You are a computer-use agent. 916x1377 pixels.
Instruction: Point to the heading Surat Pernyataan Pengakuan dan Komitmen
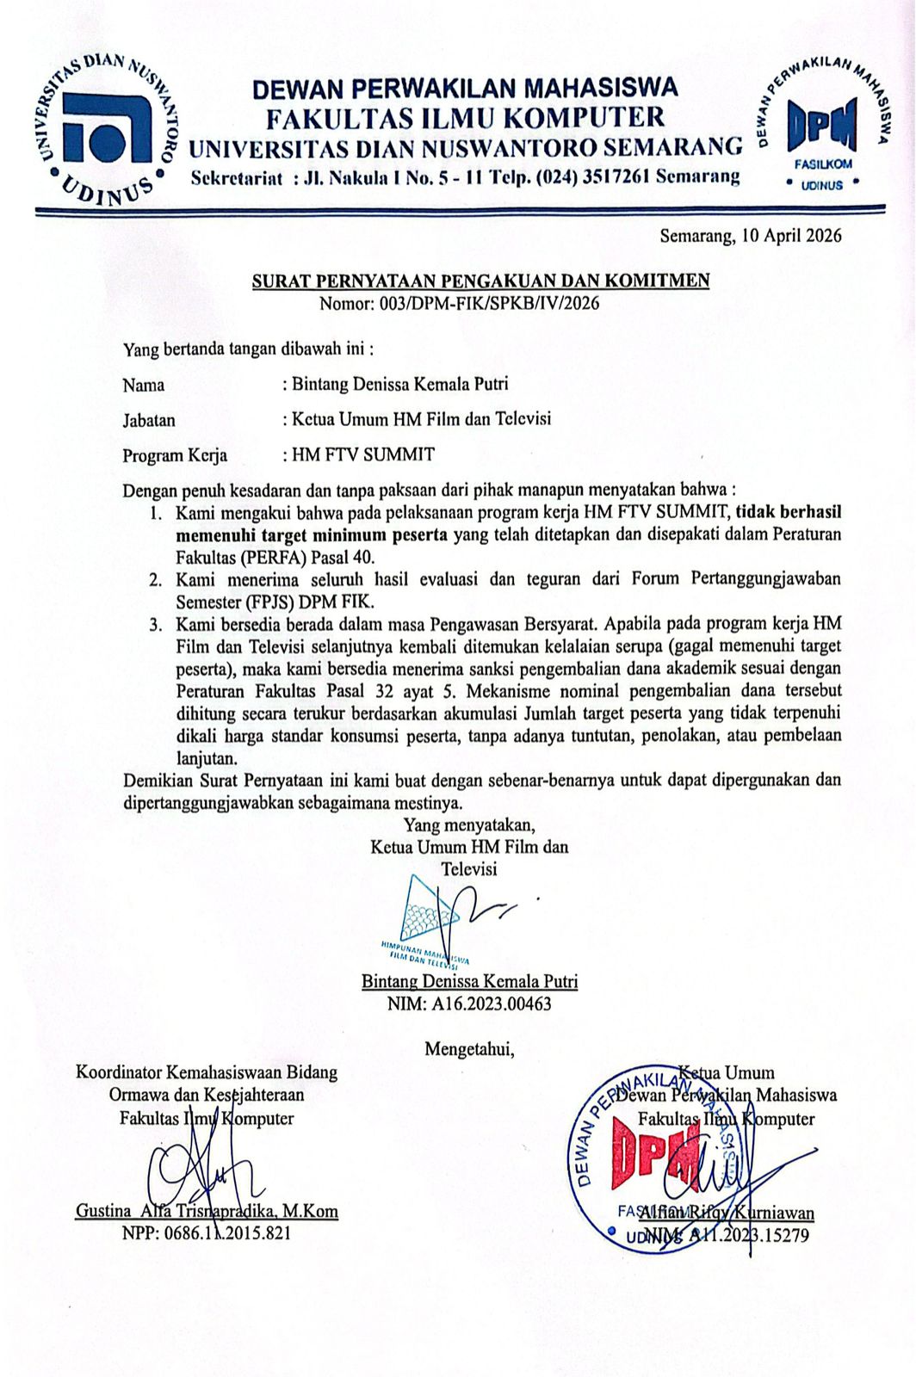click(480, 281)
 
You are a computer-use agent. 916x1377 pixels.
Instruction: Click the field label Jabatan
click(148, 421)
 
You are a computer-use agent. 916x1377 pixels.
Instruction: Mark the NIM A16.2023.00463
click(469, 1003)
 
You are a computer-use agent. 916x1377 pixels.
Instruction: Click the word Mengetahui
click(469, 1049)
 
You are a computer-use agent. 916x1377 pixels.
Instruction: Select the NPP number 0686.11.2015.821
click(207, 1233)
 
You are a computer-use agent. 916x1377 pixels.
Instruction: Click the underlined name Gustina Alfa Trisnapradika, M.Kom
click(207, 1211)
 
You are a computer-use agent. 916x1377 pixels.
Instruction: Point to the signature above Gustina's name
click(202, 1166)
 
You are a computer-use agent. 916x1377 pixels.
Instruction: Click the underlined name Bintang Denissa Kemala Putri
click(469, 981)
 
